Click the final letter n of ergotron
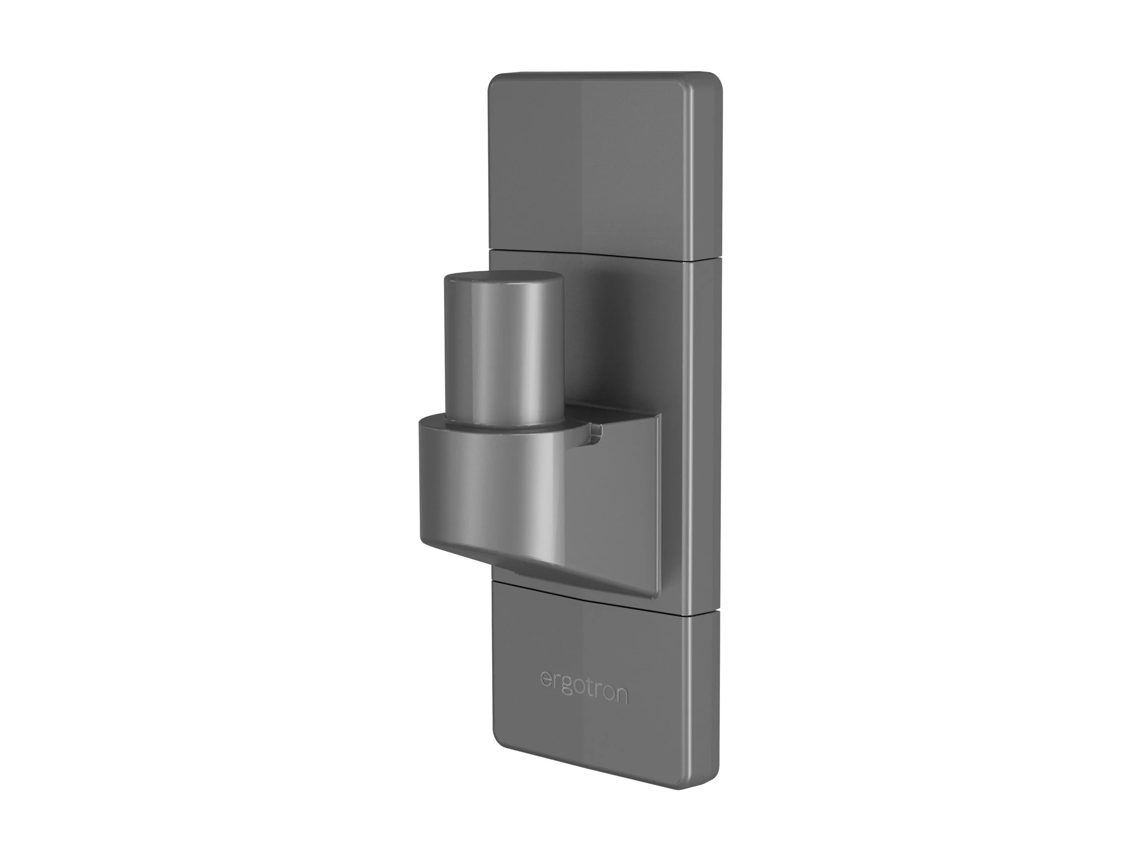click(621, 696)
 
